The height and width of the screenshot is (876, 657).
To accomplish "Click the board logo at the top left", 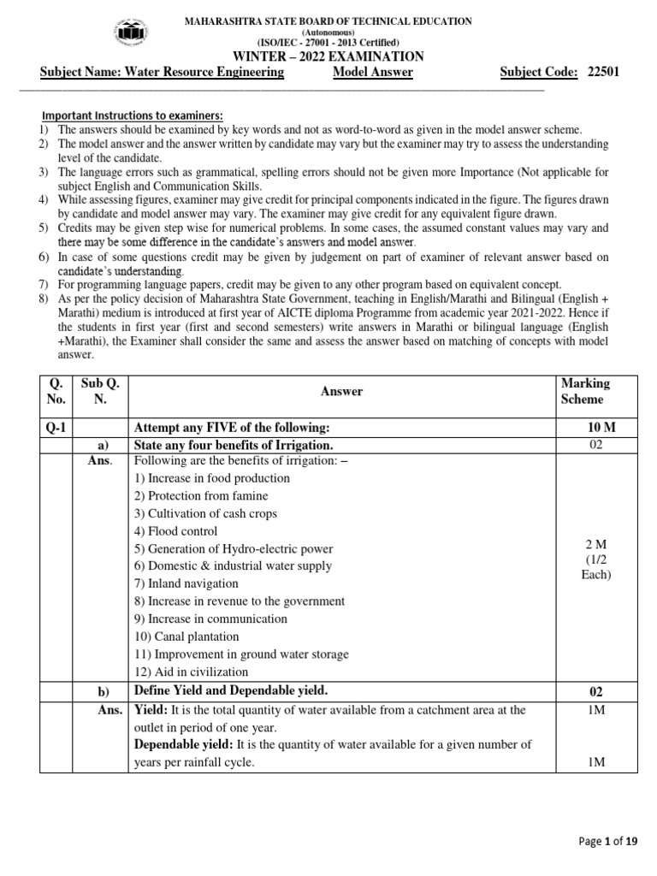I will [x=129, y=33].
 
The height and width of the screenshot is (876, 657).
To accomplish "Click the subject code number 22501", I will [x=603, y=73].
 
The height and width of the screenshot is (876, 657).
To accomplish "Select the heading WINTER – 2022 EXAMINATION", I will [x=328, y=56].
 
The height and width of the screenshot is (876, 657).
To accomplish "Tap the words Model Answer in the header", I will [x=372, y=73].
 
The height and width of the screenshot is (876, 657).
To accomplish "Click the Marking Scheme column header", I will [x=585, y=391].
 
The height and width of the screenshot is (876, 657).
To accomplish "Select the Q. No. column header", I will [x=56, y=391].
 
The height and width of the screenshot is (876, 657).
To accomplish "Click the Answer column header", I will [x=341, y=391].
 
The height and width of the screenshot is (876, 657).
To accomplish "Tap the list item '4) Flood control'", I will [x=175, y=531].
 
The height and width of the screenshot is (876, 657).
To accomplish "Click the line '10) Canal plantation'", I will [x=186, y=636].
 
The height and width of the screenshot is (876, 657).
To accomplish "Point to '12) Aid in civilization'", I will [x=190, y=672].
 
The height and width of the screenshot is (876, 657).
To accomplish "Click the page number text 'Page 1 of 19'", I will [x=608, y=842].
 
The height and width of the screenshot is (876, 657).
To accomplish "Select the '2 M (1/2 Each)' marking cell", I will [x=596, y=559].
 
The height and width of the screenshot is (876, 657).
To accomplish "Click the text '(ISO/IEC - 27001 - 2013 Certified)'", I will [x=328, y=43].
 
